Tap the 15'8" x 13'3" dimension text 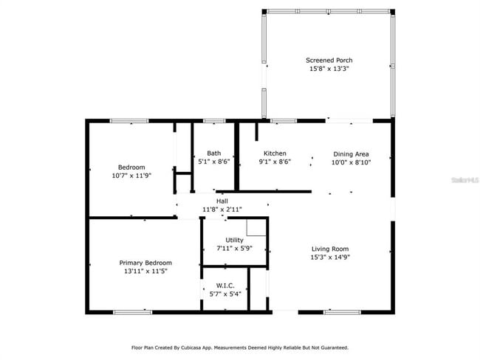point(328,69)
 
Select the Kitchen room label point(275,153)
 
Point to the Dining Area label point(351,153)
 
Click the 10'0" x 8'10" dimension point(351,162)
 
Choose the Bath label point(213,153)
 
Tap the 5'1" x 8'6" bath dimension point(213,162)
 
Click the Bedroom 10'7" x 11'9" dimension point(131,176)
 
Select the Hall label point(222,201)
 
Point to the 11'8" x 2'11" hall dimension point(222,210)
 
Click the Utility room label point(234,240)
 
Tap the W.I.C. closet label point(225,285)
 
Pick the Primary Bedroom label point(145,263)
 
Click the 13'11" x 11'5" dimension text point(145,271)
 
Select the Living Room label point(330,249)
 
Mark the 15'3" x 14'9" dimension point(330,257)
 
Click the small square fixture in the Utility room point(256,226)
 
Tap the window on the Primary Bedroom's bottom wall point(133,312)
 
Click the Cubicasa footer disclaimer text point(240,347)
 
